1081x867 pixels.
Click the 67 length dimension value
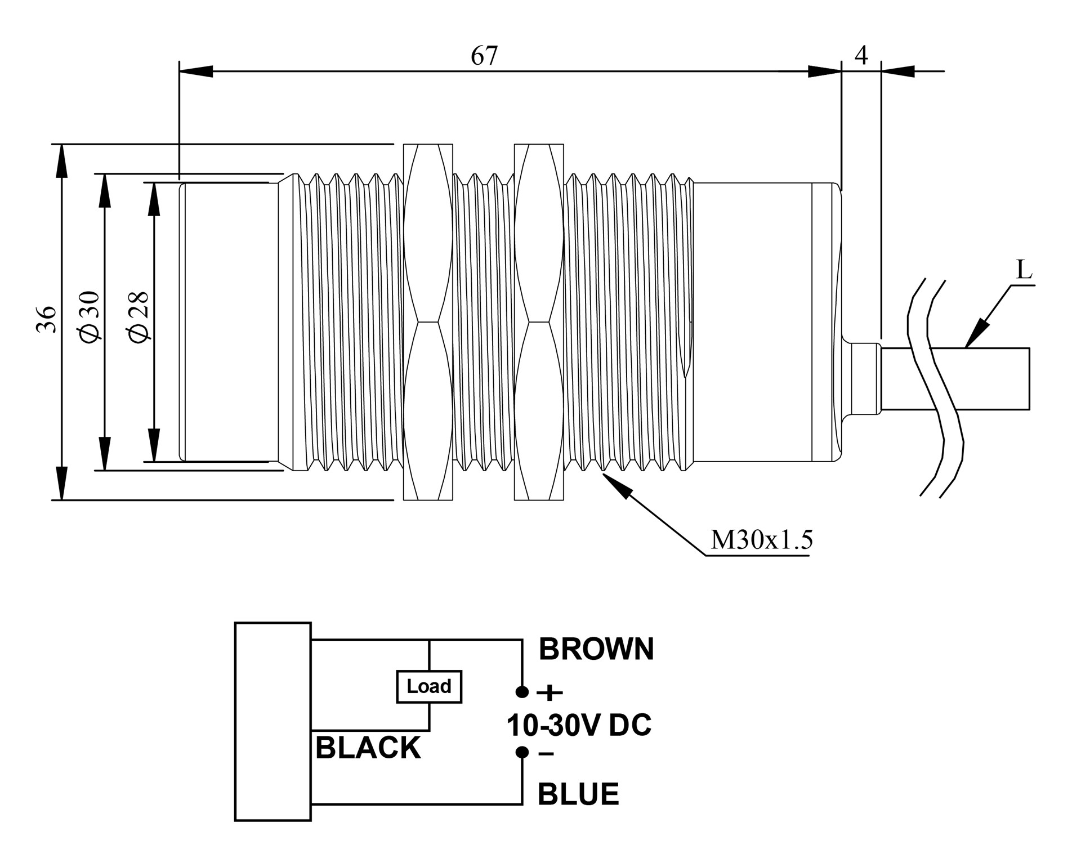[x=484, y=56]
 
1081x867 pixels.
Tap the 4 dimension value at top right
[x=861, y=55]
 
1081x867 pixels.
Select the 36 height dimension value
[x=47, y=319]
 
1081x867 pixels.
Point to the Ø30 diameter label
[x=91, y=316]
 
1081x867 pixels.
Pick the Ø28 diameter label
[x=139, y=317]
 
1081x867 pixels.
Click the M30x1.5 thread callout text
[x=762, y=540]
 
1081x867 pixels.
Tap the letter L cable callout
[x=1024, y=271]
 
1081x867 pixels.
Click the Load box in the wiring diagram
[x=429, y=686]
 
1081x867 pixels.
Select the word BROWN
[x=596, y=649]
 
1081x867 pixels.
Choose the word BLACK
[x=368, y=748]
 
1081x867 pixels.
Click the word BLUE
[x=578, y=794]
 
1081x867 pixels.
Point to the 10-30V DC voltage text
[x=579, y=725]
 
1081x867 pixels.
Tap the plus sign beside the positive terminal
[x=550, y=692]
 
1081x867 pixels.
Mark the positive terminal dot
[x=522, y=692]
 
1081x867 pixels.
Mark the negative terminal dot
[x=522, y=752]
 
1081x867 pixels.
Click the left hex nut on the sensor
[x=428, y=322]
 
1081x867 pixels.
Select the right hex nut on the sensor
[x=539, y=322]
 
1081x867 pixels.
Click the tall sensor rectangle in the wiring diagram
[x=273, y=722]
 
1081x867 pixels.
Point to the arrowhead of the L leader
[x=975, y=336]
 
